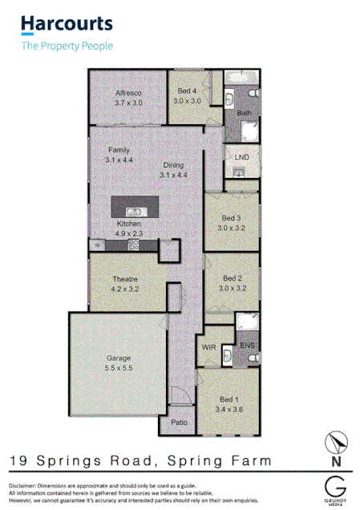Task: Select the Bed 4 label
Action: pyautogui.click(x=186, y=92)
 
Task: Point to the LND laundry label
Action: pyautogui.click(x=241, y=157)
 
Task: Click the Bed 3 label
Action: pyautogui.click(x=231, y=218)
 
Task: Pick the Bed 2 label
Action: pyautogui.click(x=231, y=278)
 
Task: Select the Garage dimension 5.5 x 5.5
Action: pyautogui.click(x=118, y=369)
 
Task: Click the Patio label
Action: pyautogui.click(x=180, y=421)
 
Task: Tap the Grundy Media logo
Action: pyautogui.click(x=337, y=488)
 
